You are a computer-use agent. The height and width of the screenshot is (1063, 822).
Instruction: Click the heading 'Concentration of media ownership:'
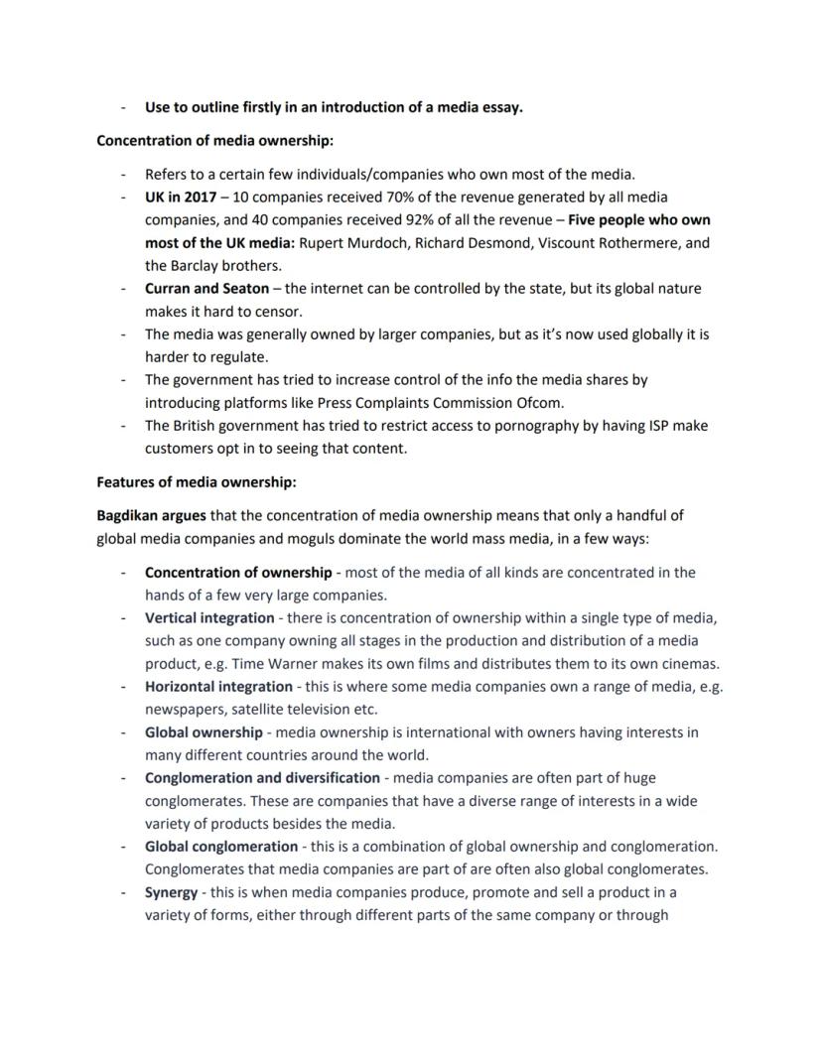pyautogui.click(x=201, y=141)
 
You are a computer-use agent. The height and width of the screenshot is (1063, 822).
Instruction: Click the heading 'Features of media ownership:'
pyautogui.click(x=197, y=482)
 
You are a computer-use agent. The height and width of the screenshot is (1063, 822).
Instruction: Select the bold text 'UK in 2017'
pyautogui.click(x=180, y=198)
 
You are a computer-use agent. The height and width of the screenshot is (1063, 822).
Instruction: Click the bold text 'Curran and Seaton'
pyautogui.click(x=206, y=289)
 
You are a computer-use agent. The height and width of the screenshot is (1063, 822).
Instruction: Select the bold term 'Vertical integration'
pyautogui.click(x=209, y=618)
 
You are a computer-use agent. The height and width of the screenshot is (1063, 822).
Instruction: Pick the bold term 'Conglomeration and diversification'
pyautogui.click(x=262, y=778)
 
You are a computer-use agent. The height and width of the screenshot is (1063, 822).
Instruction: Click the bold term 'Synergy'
pyautogui.click(x=171, y=892)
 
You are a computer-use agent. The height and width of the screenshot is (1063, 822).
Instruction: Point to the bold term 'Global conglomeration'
pyautogui.click(x=220, y=847)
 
